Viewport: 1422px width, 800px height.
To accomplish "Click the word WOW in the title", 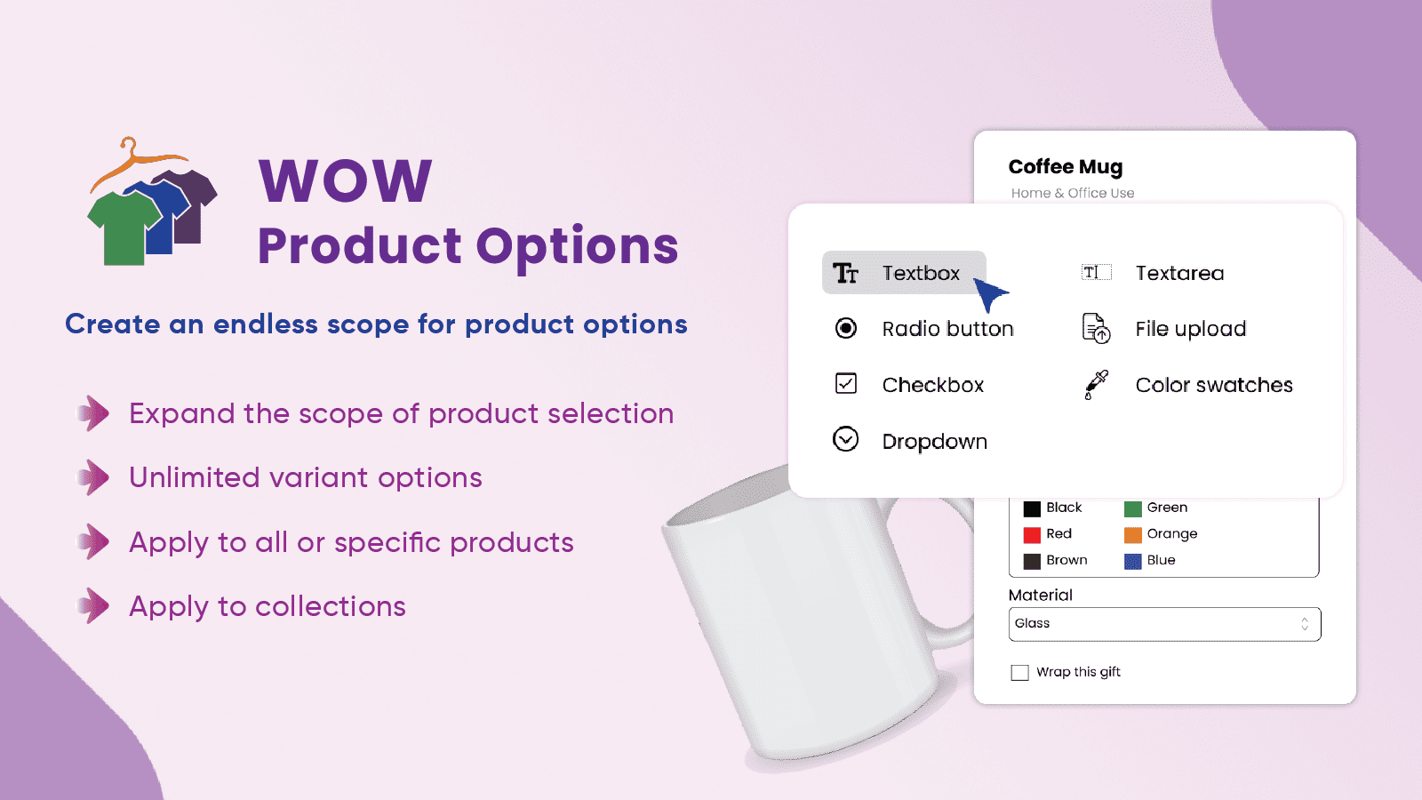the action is pyautogui.click(x=346, y=180).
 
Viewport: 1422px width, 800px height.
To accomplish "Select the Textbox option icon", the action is pyautogui.click(x=845, y=273).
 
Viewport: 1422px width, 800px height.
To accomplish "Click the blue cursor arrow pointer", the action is pyautogui.click(x=989, y=292).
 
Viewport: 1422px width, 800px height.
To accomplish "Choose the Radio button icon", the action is pyautogui.click(x=845, y=328).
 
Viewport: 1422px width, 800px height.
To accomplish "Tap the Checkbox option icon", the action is pyautogui.click(x=845, y=383).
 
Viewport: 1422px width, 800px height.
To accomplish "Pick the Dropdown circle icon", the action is pyautogui.click(x=845, y=439).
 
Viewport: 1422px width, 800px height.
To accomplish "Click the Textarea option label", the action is pyautogui.click(x=1179, y=273).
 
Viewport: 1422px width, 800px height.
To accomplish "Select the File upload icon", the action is pyautogui.click(x=1096, y=328).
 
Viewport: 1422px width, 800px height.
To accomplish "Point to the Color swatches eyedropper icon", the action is pyautogui.click(x=1096, y=385).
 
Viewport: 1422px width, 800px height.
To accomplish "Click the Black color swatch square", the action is pyautogui.click(x=1032, y=508).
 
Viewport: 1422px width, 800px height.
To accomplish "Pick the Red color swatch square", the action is pyautogui.click(x=1032, y=534).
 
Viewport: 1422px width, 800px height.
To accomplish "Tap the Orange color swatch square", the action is pyautogui.click(x=1132, y=534).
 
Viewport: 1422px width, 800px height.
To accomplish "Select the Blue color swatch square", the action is pyautogui.click(x=1132, y=561).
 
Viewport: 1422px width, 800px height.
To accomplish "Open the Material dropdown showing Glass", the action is pyautogui.click(x=1164, y=624).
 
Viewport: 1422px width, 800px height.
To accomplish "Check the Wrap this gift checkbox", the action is pyautogui.click(x=1019, y=672).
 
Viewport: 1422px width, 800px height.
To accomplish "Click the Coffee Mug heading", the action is pyautogui.click(x=1066, y=167).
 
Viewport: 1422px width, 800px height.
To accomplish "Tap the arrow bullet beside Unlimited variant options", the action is pyautogui.click(x=93, y=477).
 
